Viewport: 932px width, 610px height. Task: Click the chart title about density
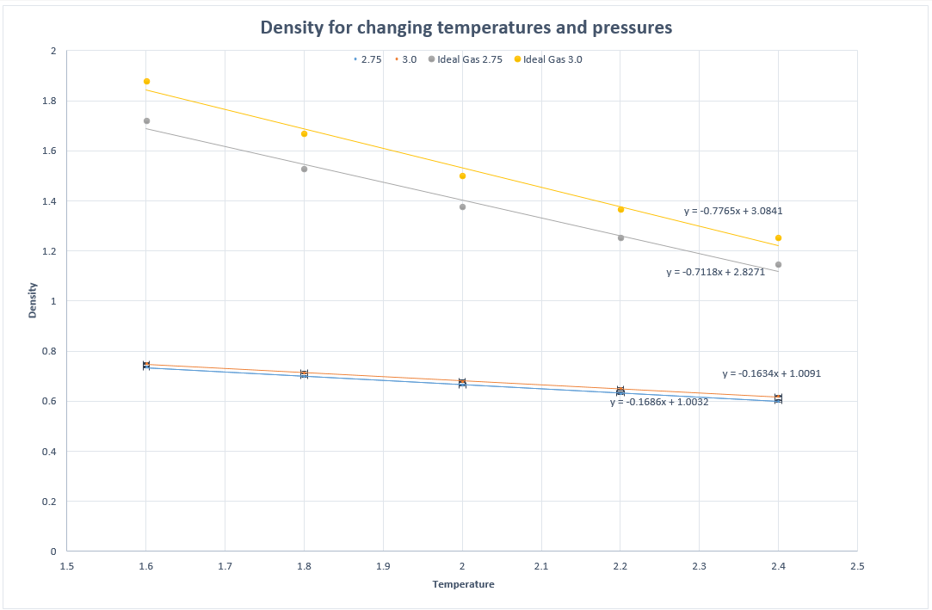click(466, 28)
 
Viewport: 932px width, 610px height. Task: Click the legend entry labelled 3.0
click(409, 59)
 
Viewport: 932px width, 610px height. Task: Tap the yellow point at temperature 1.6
click(146, 82)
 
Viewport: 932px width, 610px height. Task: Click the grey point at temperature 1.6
click(146, 121)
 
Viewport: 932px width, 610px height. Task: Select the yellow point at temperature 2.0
click(462, 176)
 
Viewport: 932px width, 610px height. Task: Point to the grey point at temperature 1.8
click(304, 169)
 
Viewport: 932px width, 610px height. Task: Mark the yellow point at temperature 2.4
click(778, 238)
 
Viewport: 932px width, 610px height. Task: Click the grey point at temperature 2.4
click(778, 265)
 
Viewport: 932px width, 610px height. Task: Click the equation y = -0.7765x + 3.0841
click(733, 211)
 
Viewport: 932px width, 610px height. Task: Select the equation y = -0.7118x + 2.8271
click(715, 272)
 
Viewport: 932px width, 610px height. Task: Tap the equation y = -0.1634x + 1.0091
click(771, 374)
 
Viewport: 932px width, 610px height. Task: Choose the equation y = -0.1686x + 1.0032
click(659, 402)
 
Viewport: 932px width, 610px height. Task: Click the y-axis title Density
click(33, 300)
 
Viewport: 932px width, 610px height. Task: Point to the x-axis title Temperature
click(463, 584)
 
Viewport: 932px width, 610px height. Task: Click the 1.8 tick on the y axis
click(48, 102)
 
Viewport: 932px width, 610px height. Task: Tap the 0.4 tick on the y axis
click(48, 452)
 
